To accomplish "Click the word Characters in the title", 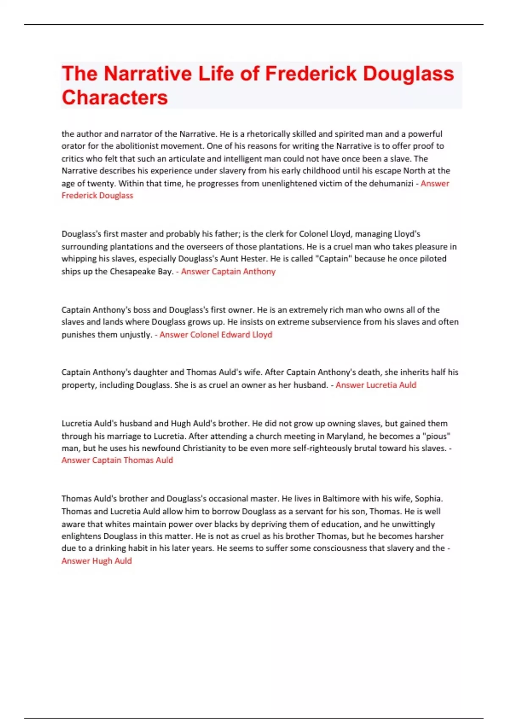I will pos(115,97).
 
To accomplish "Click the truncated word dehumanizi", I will pos(392,183).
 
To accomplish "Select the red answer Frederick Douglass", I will pos(97,195).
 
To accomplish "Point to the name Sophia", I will pos(428,499).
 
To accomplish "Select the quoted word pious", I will pos(436,436).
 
